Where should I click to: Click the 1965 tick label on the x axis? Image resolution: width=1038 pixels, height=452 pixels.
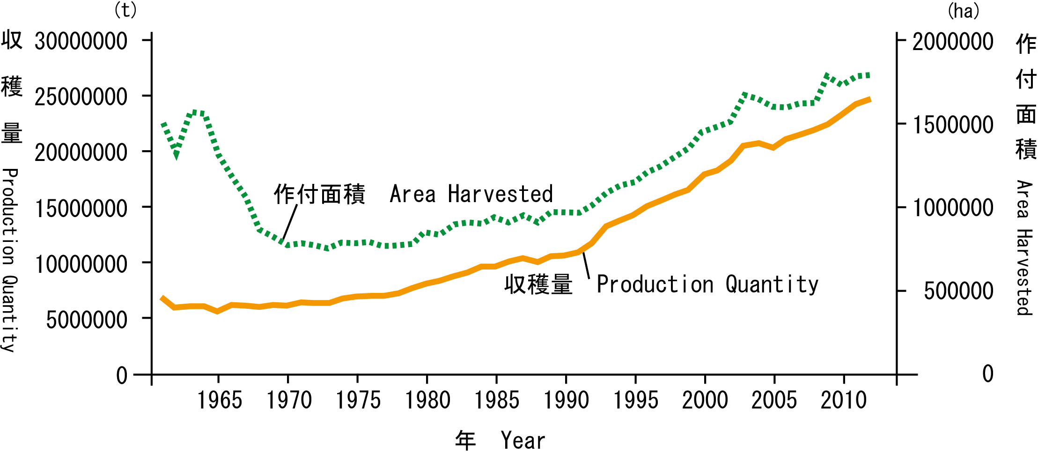(x=219, y=401)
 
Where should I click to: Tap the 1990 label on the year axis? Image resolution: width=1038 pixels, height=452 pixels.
(x=566, y=401)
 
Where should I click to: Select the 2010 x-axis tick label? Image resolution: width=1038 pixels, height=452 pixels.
(x=844, y=401)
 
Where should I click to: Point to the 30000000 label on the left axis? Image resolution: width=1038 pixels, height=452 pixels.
(x=81, y=41)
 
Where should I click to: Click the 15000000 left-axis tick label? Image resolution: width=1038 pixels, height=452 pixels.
(x=81, y=208)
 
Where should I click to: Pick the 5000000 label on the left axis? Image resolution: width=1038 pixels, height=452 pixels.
(x=87, y=320)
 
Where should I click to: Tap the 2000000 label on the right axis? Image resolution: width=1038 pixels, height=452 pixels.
(x=953, y=41)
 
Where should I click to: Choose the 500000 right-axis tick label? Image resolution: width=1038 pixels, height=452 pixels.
(x=958, y=291)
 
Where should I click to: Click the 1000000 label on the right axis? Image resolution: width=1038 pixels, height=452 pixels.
(x=953, y=208)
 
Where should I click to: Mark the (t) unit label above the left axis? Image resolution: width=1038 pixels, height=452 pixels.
(x=125, y=10)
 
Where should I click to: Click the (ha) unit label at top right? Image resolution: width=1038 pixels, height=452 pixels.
(x=964, y=11)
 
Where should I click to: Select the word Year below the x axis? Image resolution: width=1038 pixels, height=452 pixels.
(x=523, y=440)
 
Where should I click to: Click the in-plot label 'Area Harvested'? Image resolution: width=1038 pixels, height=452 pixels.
(x=471, y=194)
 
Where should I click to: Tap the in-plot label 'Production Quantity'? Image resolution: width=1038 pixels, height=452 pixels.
(x=707, y=284)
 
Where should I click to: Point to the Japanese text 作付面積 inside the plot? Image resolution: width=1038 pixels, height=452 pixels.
(x=319, y=194)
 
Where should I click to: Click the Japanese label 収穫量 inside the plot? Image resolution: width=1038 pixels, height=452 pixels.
(x=538, y=284)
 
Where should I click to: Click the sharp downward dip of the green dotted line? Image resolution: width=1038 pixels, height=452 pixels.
(x=176, y=155)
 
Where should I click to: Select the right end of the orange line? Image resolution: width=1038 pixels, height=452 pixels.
(x=869, y=100)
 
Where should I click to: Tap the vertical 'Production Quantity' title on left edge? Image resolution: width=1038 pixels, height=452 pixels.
(x=10, y=260)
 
